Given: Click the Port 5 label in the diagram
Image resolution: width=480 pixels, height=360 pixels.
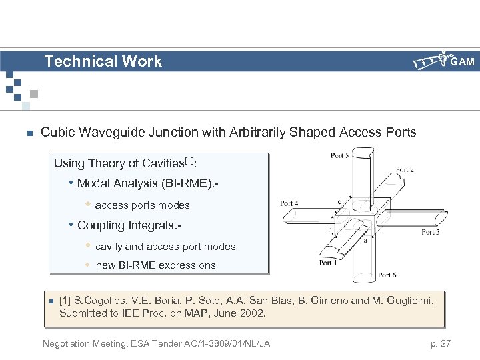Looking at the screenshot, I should coord(339,155).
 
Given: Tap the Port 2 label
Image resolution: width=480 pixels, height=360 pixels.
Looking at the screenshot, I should coord(405,170).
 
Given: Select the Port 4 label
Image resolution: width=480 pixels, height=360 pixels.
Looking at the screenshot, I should coord(289,203).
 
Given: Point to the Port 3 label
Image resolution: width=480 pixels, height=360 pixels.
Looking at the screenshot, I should coord(430,232).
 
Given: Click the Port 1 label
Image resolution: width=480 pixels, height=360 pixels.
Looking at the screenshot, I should coord(328,263).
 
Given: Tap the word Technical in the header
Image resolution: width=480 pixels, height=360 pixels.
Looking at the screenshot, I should coord(72,61).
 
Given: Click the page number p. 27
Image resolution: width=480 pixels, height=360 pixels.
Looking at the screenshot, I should coord(441,343).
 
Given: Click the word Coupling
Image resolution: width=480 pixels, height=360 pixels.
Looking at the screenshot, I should coord(101,225).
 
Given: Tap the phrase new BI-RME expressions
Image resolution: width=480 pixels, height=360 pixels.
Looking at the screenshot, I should coord(155,265).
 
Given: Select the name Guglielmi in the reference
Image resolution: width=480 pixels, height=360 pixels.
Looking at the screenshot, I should coord(408,301).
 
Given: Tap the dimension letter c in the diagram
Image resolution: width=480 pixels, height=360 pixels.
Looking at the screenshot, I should coord(339,201).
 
